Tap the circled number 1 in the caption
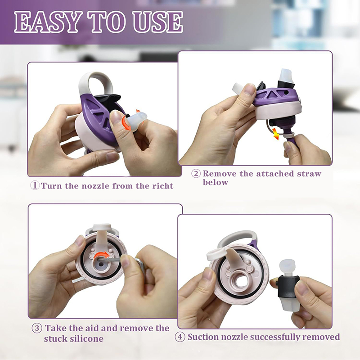coord(35,185)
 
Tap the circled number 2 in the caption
coord(196,173)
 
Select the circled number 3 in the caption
coord(37,328)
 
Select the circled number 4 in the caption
coord(180,337)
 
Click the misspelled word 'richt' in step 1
coord(163,185)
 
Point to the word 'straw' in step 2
coord(309,174)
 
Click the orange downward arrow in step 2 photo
coord(275,134)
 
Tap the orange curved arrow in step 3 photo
coord(103,255)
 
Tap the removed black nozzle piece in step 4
coord(288,286)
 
